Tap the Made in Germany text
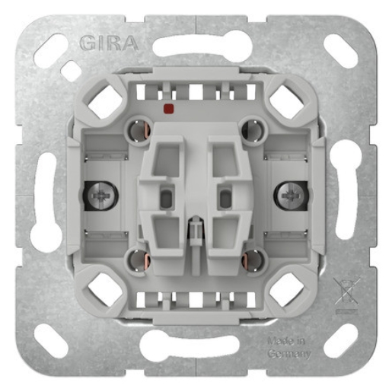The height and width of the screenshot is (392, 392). pyautogui.click(x=290, y=348)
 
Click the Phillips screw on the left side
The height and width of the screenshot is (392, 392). pyautogui.click(x=100, y=196)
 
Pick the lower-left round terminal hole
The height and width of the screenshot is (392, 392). pyautogui.click(x=140, y=261)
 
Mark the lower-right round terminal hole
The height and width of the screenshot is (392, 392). pyautogui.click(x=251, y=261)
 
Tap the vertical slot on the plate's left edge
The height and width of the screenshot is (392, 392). pyautogui.click(x=45, y=197)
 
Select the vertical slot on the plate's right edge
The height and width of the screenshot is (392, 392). pyautogui.click(x=346, y=197)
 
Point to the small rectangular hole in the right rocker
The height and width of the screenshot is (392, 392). pyautogui.click(x=225, y=199)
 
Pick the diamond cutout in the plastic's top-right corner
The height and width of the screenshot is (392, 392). pyautogui.click(x=287, y=102)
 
